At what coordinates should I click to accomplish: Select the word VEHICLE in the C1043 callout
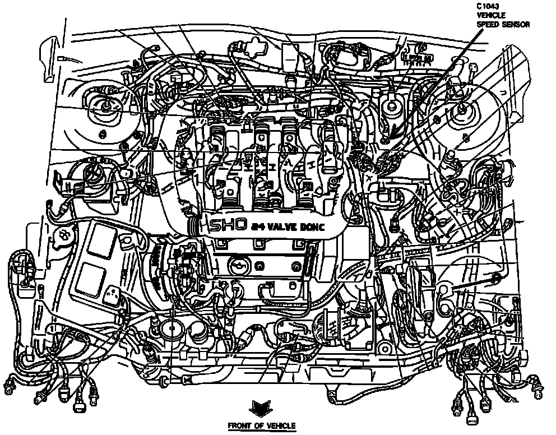[x=490, y=16]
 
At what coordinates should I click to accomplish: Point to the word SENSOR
[x=516, y=25]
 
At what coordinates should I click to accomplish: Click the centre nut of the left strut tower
[x=105, y=105]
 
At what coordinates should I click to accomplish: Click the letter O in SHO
[x=238, y=225]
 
